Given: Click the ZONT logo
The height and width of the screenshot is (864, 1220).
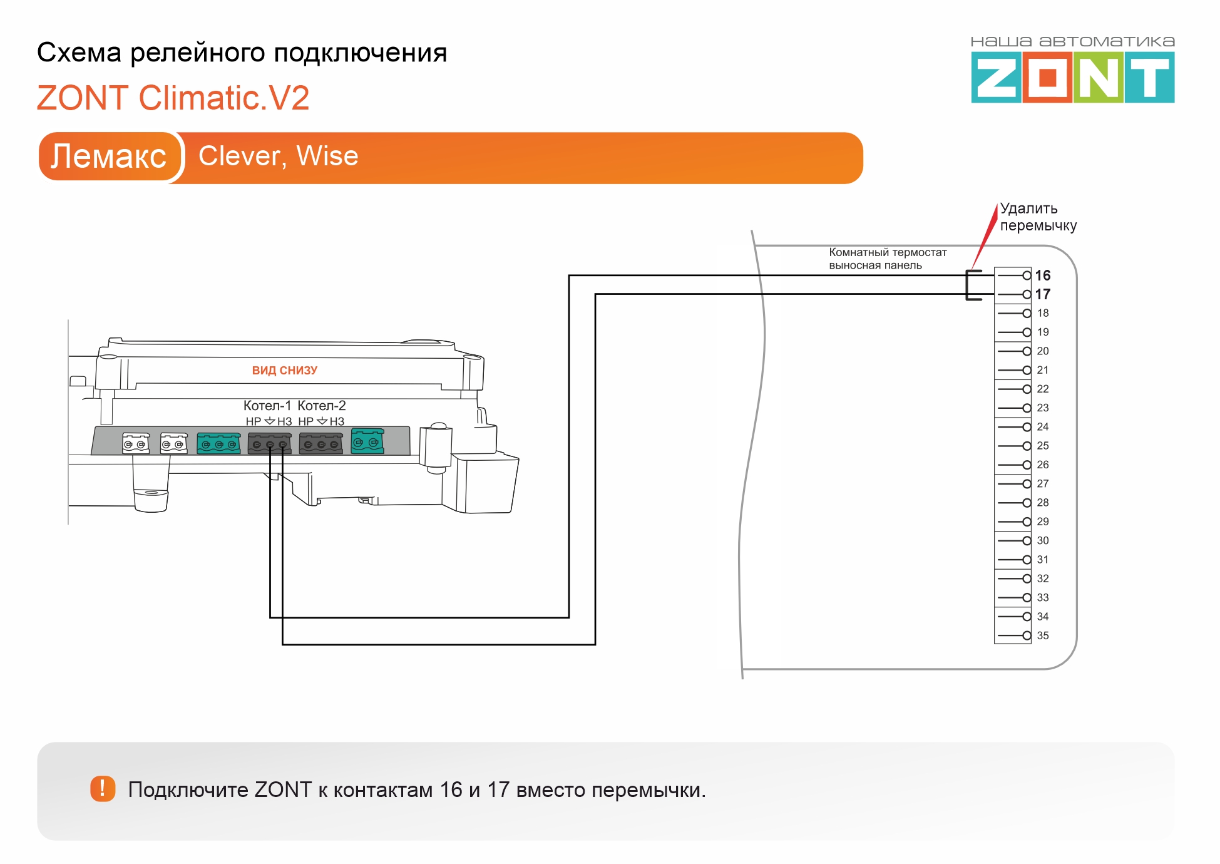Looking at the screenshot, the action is [1072, 70].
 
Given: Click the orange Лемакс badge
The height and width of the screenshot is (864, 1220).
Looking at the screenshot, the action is [109, 157].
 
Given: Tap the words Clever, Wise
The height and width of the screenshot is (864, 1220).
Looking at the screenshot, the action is [279, 157].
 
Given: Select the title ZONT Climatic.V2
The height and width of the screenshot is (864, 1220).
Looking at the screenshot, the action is [173, 98].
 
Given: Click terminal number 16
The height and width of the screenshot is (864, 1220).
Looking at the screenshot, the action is [1042, 275].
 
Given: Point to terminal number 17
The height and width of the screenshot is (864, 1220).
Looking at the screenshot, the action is [1042, 294].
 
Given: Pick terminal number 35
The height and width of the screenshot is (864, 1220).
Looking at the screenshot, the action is [1042, 635].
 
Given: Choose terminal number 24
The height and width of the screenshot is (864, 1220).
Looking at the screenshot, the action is [1042, 427].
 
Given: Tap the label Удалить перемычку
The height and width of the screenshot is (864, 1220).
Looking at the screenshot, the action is [1038, 217].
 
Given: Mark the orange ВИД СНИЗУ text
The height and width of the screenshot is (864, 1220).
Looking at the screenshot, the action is [285, 371].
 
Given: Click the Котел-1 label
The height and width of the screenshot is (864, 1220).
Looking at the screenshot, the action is [267, 406].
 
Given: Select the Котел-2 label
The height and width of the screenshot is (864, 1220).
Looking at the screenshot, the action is [322, 406].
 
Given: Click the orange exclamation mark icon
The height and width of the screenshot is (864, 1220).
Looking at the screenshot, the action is [103, 789].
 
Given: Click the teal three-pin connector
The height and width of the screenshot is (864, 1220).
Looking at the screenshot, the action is [218, 443].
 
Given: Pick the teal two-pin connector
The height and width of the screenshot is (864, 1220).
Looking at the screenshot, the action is [367, 441].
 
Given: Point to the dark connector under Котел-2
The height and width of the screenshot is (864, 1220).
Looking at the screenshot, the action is [321, 443].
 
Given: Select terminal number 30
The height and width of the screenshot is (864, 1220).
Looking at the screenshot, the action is [1042, 541].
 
